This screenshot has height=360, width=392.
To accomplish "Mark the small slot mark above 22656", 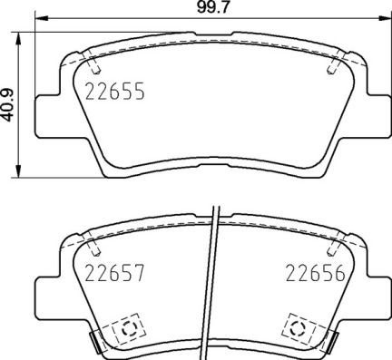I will pyautogui.click(x=333, y=242).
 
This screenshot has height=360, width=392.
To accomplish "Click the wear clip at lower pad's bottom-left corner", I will pyautogui.click(x=93, y=343).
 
